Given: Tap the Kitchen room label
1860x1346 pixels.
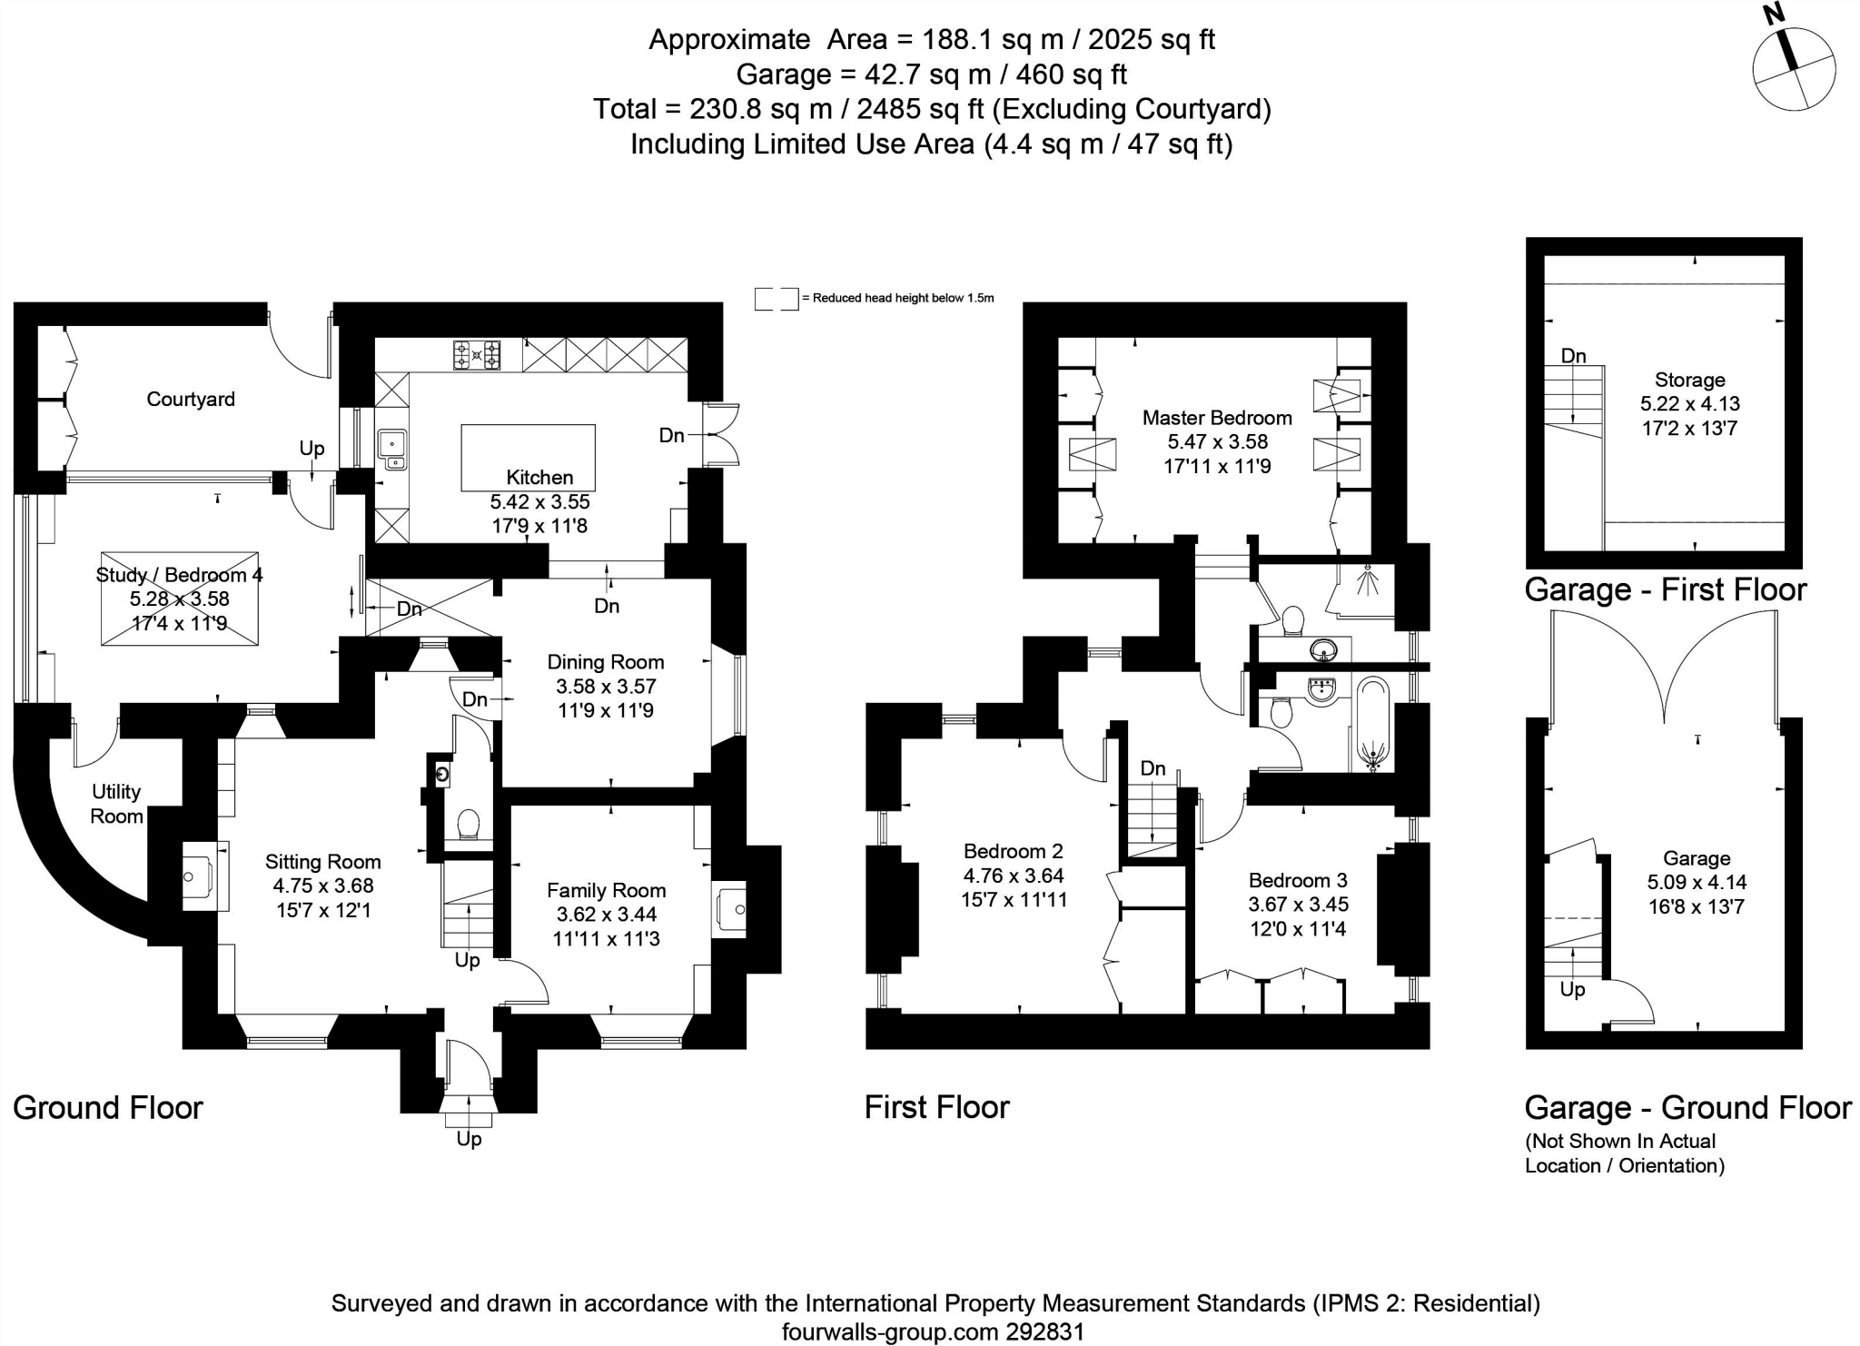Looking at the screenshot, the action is pyautogui.click(x=539, y=477).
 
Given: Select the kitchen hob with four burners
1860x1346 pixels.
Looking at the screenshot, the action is pyautogui.click(x=477, y=354).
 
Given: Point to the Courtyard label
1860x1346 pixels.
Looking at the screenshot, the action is pyautogui.click(x=191, y=399).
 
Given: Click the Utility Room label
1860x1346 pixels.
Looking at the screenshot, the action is pyautogui.click(x=116, y=804).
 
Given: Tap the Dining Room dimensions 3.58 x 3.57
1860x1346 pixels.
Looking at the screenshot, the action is pyautogui.click(x=606, y=687).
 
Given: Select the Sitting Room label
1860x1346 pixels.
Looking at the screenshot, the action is pyautogui.click(x=322, y=861).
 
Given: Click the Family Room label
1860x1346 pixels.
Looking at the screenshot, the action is pyautogui.click(x=606, y=890).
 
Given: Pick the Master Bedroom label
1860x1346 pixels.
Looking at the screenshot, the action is pyautogui.click(x=1217, y=418).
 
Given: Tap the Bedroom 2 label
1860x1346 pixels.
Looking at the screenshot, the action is pyautogui.click(x=1013, y=851).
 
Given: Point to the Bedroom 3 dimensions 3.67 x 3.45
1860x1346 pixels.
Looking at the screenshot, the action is pyautogui.click(x=1298, y=904).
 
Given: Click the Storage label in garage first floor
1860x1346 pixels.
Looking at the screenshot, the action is pyautogui.click(x=1689, y=380).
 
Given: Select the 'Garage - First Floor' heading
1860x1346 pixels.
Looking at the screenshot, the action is pyautogui.click(x=1666, y=589).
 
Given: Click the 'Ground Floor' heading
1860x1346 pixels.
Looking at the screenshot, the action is pyautogui.click(x=107, y=1107).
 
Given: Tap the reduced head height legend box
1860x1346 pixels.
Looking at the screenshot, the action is pyautogui.click(x=777, y=299).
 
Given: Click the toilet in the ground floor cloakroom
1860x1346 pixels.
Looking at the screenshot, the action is pyautogui.click(x=469, y=824).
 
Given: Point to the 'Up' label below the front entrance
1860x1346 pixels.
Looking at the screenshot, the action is pyautogui.click(x=469, y=1139).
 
